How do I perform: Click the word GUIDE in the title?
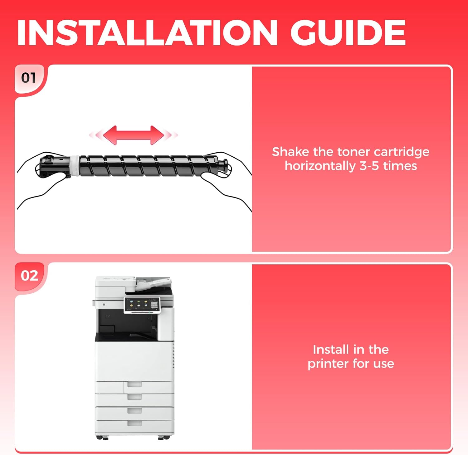348,33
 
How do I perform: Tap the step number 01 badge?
29,78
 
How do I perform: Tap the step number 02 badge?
29,276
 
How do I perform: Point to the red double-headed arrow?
134,135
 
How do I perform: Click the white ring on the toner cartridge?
75,165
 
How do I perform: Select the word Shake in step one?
290,152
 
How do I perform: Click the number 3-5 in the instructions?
369,166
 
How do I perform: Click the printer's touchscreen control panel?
142,305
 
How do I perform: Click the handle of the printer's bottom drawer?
134,423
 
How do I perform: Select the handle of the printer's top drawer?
134,384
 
